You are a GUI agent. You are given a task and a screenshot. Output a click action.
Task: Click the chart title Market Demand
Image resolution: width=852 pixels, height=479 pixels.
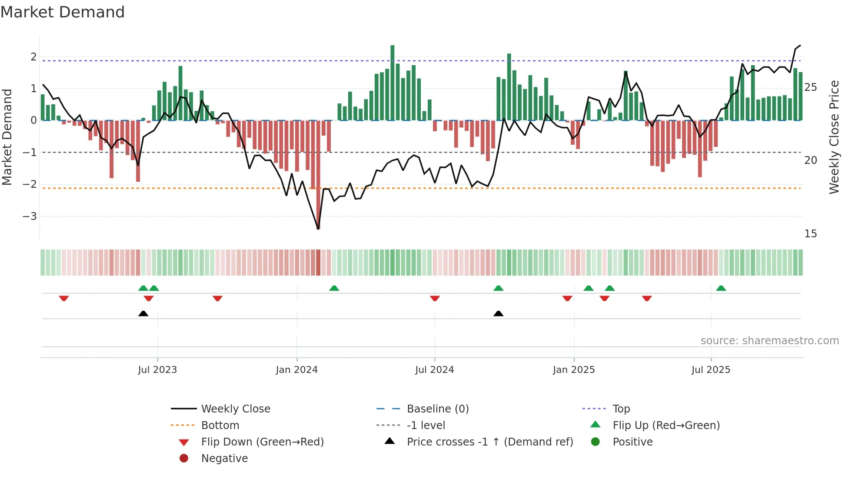pyautogui.click(x=63, y=12)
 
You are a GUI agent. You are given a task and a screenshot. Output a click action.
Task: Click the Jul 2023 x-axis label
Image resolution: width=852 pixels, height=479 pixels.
pyautogui.click(x=157, y=370)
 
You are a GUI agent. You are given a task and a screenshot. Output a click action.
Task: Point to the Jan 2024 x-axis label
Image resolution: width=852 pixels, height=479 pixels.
pyautogui.click(x=297, y=370)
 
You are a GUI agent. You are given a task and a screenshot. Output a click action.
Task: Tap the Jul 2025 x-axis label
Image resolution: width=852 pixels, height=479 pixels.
pyautogui.click(x=711, y=370)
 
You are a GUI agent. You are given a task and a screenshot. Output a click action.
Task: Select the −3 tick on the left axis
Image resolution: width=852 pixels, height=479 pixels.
pyautogui.click(x=30, y=216)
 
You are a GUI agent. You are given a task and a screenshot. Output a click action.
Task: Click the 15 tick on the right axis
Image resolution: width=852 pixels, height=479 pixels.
pyautogui.click(x=810, y=234)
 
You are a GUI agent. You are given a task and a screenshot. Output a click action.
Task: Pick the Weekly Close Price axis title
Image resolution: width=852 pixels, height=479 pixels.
pyautogui.click(x=834, y=137)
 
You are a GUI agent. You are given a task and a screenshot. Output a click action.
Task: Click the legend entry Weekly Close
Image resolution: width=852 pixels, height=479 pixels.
pyautogui.click(x=235, y=409)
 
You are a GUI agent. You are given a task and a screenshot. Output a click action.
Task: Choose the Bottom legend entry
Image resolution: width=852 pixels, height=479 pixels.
pyautogui.click(x=220, y=426)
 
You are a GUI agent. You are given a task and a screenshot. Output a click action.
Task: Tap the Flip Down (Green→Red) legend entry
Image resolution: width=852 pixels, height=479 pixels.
pyautogui.click(x=262, y=442)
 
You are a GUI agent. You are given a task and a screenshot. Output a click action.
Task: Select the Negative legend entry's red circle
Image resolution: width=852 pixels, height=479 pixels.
pyautogui.click(x=184, y=458)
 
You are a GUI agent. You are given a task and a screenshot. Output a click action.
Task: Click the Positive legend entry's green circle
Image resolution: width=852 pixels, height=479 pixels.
pyautogui.click(x=596, y=442)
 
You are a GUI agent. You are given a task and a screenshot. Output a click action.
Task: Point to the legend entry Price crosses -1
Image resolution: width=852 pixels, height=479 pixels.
pyautogui.click(x=490, y=442)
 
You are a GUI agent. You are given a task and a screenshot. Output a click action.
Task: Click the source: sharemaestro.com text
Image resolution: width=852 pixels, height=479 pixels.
pyautogui.click(x=769, y=341)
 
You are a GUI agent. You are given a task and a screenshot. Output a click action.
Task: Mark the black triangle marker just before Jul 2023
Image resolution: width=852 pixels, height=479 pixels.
pyautogui.click(x=143, y=313)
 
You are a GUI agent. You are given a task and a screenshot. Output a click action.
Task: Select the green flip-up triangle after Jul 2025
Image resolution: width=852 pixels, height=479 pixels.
pyautogui.click(x=721, y=288)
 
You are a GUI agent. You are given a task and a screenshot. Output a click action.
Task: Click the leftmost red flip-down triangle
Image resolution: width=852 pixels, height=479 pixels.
pyautogui.click(x=64, y=298)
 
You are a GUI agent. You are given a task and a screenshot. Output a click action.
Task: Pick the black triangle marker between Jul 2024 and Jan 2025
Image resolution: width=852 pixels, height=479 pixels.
pyautogui.click(x=499, y=313)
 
